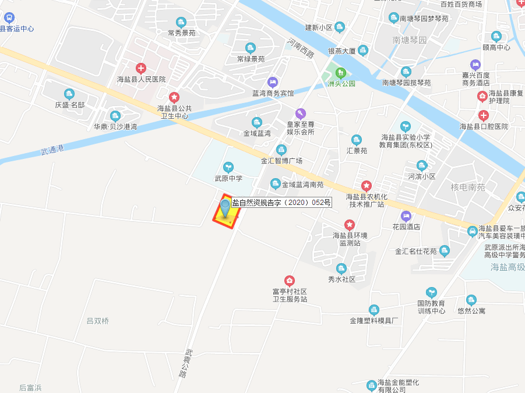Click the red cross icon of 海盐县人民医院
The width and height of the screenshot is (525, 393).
[x=140, y=68]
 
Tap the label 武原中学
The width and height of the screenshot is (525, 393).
[x=228, y=178]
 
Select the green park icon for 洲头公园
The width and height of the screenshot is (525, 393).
[x=341, y=73]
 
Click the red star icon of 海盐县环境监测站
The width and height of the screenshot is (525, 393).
[x=349, y=224]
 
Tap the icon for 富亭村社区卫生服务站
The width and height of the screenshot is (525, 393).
[x=289, y=281]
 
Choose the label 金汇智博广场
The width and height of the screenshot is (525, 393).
[x=281, y=161]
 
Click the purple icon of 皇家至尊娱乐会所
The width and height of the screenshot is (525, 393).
[x=300, y=113]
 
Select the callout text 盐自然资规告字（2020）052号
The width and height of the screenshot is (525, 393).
[x=281, y=203]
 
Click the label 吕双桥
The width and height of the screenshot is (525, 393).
[x=97, y=321]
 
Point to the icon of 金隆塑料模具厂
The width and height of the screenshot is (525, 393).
[x=374, y=310]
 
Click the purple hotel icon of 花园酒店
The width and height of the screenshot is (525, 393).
[x=406, y=216]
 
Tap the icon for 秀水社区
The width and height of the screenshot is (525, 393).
[x=341, y=268]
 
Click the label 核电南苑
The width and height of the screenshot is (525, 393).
[x=468, y=187]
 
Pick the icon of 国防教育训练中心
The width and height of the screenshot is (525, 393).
[x=431, y=292]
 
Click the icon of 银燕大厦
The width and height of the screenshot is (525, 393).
[x=363, y=51]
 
